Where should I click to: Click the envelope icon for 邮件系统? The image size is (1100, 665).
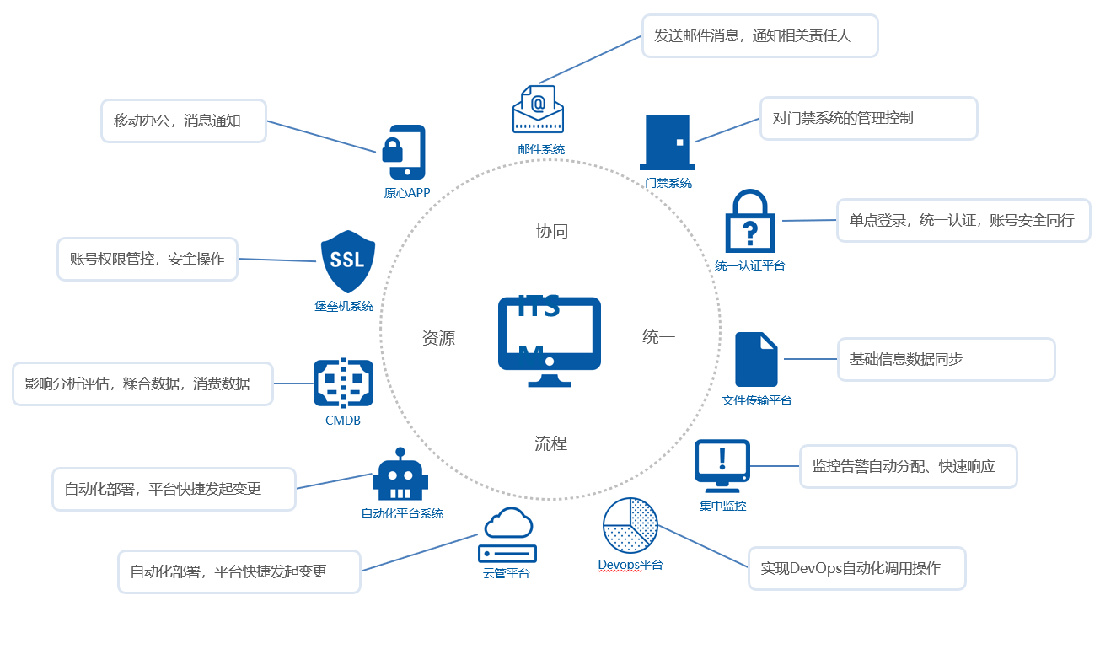point(538,110)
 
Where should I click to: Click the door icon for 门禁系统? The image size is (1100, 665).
point(668,142)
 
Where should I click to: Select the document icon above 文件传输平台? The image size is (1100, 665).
point(756,360)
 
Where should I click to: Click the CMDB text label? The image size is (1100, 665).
point(342,420)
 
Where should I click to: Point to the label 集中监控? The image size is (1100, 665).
point(722,506)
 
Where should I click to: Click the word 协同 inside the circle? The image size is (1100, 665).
point(552,231)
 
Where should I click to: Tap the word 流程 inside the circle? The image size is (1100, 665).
point(550,443)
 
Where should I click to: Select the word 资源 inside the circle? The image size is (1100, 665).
point(438,338)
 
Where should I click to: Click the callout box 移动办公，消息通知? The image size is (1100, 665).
point(184,121)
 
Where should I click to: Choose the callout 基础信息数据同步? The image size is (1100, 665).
point(946,359)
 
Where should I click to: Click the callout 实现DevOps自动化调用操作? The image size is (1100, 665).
point(856,568)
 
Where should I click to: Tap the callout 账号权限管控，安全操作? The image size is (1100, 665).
point(148,259)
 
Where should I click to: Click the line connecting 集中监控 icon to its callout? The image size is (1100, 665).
point(774,466)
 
